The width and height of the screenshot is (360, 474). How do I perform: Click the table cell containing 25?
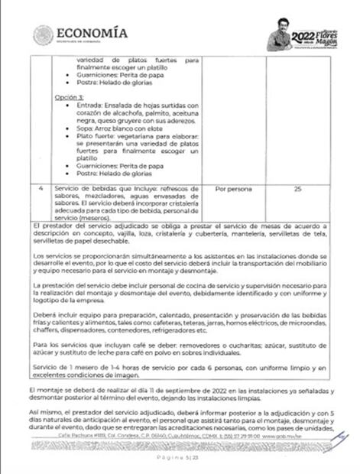pos(297,188)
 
